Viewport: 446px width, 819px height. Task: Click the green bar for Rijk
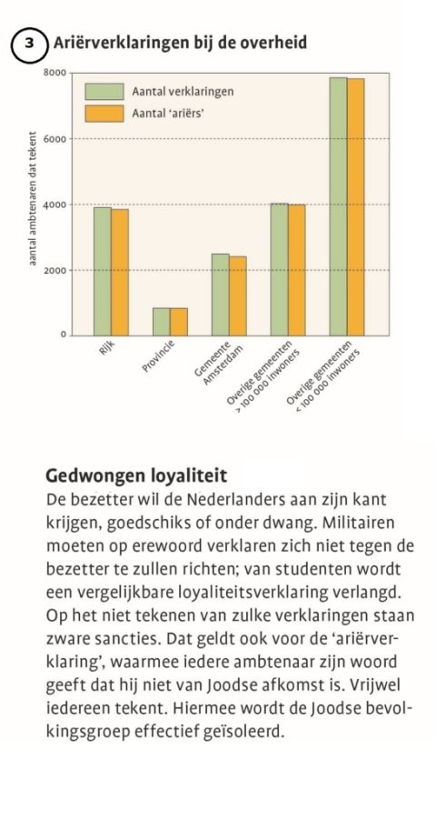point(103,271)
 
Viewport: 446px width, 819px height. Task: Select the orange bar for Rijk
point(120,272)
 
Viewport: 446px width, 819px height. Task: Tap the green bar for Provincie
point(162,322)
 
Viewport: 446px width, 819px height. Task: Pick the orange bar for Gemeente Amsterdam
point(238,295)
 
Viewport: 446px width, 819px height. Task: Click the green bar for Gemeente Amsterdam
point(221,295)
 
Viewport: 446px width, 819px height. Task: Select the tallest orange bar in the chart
point(356,207)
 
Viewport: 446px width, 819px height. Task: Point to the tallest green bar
point(339,206)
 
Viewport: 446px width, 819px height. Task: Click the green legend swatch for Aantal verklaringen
point(104,92)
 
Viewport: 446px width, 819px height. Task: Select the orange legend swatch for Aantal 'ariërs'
point(104,114)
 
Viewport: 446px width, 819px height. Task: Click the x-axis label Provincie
point(158,356)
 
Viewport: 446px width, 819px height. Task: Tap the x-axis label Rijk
point(106,347)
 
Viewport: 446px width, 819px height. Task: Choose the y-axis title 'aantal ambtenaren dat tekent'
point(33,198)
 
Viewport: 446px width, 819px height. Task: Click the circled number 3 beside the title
point(30,44)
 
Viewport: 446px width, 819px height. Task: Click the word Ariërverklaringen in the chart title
point(125,43)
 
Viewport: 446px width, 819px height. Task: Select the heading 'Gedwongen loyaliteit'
point(136,476)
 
